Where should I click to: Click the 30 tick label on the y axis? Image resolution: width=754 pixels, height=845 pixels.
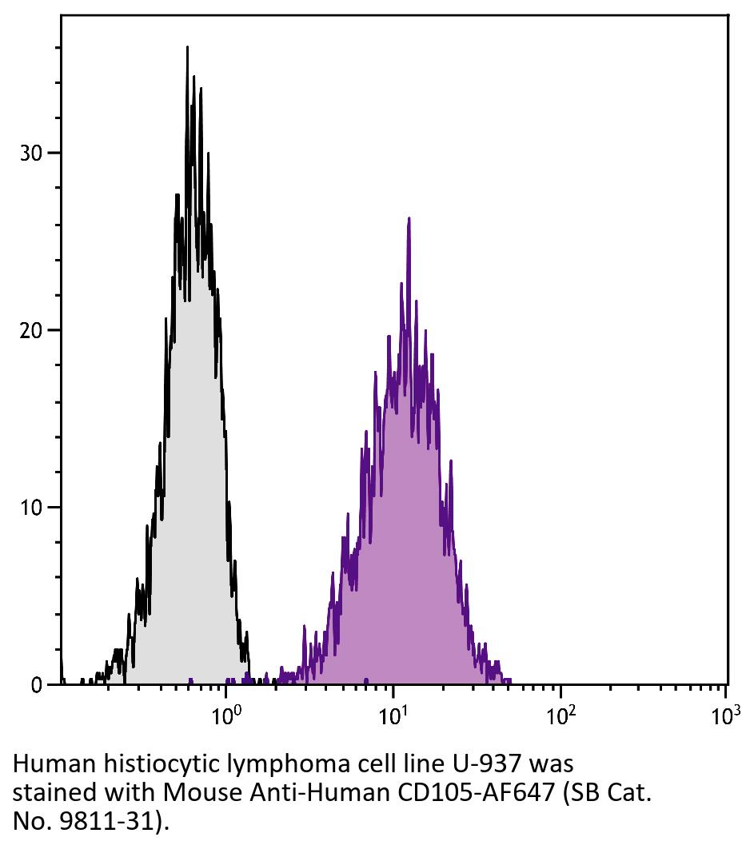click(30, 153)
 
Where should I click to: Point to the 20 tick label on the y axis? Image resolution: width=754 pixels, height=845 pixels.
click(30, 330)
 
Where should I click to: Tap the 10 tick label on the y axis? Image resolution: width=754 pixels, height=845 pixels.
click(30, 508)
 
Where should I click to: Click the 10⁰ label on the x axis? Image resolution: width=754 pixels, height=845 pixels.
click(227, 713)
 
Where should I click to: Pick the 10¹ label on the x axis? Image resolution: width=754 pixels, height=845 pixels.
click(394, 713)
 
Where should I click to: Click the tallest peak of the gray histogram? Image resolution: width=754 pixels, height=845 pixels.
click(187, 47)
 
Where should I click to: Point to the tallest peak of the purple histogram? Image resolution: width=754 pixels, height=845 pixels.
click(409, 218)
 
